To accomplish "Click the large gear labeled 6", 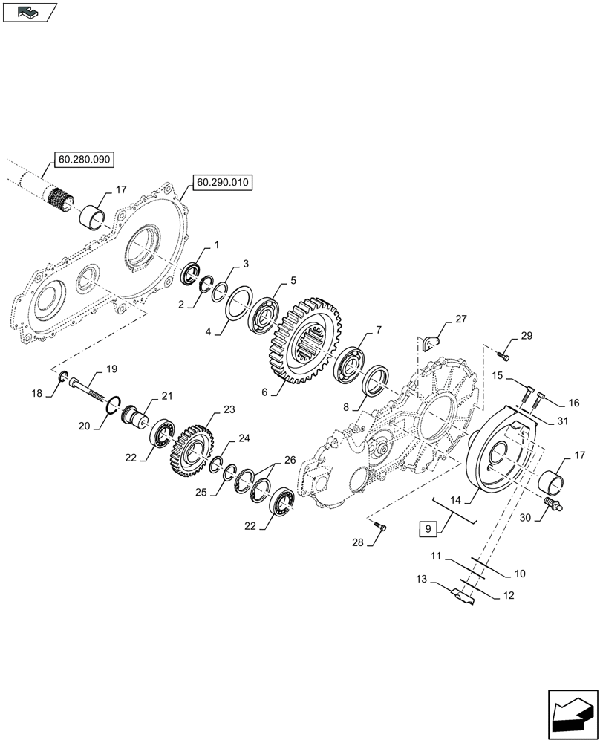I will coord(301,341).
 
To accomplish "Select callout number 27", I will coord(460,319).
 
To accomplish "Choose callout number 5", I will coord(293,280).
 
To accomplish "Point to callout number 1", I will coord(216,244).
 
